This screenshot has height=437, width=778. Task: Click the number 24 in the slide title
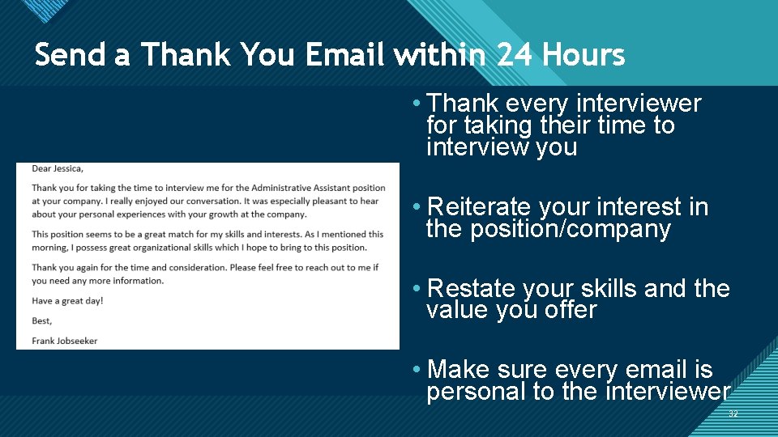point(515,55)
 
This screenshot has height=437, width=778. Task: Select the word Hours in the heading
point(583,55)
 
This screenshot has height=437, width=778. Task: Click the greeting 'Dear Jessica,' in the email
point(58,168)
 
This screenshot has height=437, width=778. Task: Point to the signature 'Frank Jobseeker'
point(64,341)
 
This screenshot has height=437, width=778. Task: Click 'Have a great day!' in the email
point(67,301)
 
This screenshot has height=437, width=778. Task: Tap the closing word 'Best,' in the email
point(42,321)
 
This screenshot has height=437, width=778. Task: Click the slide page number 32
point(733,414)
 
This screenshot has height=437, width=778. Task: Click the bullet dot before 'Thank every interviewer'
point(415,103)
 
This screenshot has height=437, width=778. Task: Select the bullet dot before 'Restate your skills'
point(415,289)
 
